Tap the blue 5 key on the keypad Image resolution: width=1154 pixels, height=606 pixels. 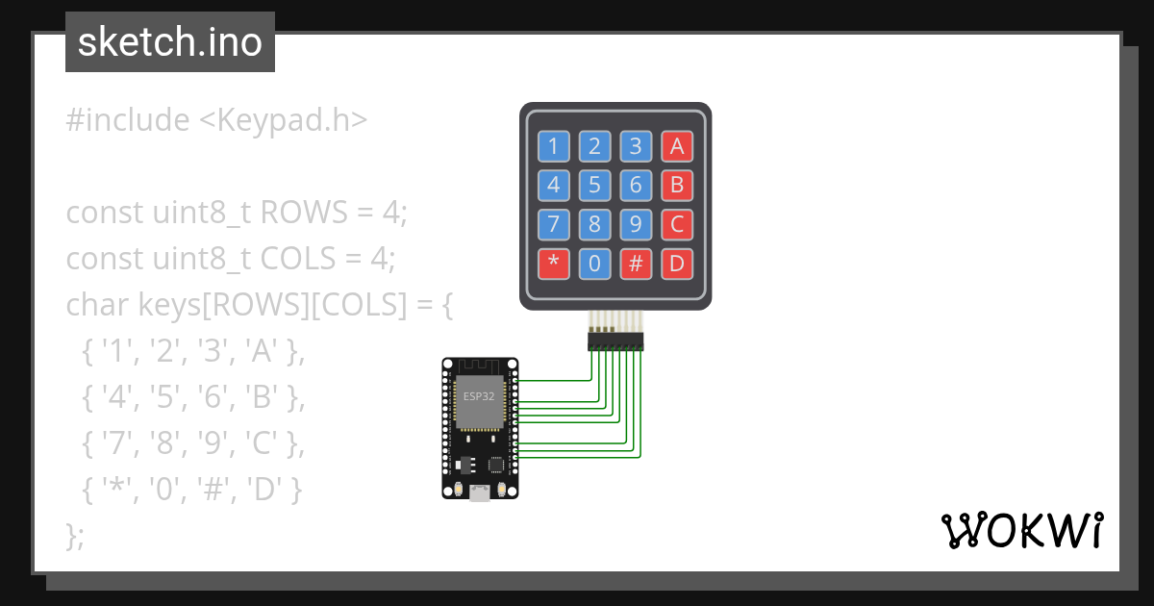tap(594, 185)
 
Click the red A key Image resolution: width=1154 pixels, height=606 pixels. tap(677, 146)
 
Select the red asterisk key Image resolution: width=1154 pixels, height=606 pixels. tap(553, 264)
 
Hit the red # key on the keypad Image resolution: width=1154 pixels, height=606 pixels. tap(636, 264)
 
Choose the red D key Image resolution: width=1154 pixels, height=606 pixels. tap(677, 264)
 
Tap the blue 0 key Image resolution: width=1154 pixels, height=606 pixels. tap(594, 264)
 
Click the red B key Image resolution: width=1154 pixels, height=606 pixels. tap(677, 185)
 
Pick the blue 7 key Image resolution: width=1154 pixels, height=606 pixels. tap(553, 225)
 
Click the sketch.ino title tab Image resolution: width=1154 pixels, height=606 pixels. tap(170, 42)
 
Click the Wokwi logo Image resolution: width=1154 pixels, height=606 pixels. tap(1021, 530)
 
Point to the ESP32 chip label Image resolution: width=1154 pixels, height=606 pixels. tap(478, 395)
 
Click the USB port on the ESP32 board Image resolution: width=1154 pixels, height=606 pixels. tap(479, 492)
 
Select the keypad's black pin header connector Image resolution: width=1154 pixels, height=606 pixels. tap(615, 341)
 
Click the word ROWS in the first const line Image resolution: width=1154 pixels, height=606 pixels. tap(305, 213)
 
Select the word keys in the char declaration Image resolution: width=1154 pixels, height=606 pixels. tap(169, 305)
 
